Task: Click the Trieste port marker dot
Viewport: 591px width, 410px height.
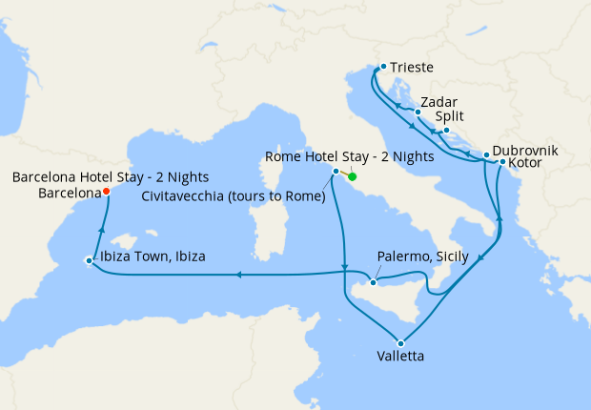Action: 382,67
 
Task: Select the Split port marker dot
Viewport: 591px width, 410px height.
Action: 446,130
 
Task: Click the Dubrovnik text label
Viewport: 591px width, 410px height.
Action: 525,152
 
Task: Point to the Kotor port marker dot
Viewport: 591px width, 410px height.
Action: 502,162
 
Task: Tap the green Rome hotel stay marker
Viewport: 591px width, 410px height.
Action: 352,176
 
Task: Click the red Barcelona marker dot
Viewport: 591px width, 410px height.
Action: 106,191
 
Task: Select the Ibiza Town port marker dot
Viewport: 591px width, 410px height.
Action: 89,260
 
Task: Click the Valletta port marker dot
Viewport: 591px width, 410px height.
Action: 400,343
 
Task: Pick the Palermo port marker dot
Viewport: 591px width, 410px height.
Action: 374,282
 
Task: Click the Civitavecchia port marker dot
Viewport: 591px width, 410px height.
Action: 336,172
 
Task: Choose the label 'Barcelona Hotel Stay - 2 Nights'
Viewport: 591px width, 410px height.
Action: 111,177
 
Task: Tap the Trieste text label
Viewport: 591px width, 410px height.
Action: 412,68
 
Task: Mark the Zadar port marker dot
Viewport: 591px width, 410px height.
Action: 418,112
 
